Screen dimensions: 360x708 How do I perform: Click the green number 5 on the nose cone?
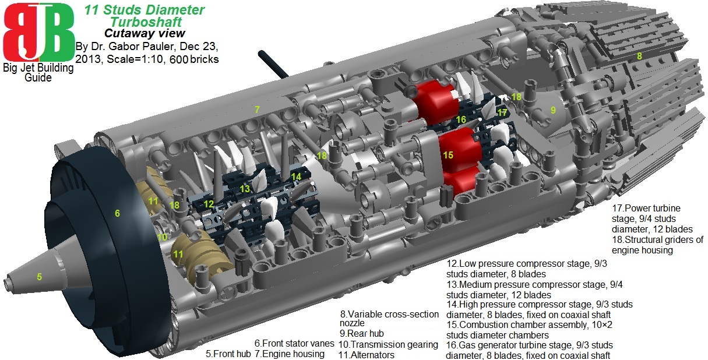39,277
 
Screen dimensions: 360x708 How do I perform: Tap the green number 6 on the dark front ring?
117,214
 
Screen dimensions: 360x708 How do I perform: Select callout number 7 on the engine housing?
256,109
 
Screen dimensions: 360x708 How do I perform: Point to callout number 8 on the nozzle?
639,56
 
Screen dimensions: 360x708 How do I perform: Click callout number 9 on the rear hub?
553,109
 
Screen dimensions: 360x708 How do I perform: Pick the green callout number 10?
163,237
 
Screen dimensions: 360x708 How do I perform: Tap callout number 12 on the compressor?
209,203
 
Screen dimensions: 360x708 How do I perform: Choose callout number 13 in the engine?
245,189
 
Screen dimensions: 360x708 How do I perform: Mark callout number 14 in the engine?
296,176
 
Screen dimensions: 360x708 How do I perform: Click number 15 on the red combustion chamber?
448,155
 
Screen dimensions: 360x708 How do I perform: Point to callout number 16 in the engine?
461,119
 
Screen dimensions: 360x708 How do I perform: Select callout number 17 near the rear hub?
502,112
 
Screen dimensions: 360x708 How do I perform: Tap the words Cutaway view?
145,33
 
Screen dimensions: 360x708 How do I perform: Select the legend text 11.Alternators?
366,355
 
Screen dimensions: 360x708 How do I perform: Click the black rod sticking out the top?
273,65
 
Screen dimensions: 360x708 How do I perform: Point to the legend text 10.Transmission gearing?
388,344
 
